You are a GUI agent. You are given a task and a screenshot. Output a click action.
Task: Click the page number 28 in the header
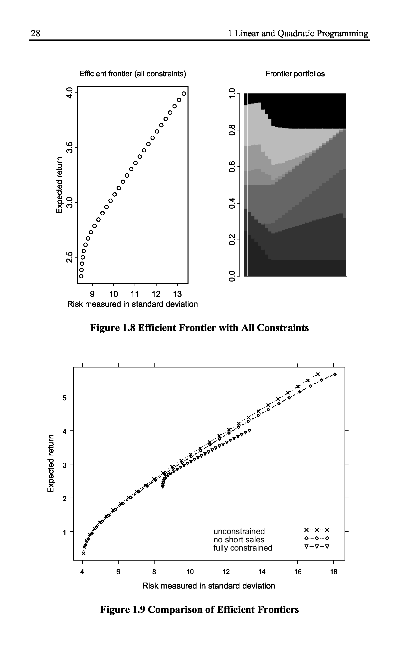click(x=35, y=33)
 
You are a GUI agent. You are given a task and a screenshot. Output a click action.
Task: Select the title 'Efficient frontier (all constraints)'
click(x=133, y=74)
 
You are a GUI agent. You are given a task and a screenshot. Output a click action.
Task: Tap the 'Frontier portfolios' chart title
click(x=295, y=74)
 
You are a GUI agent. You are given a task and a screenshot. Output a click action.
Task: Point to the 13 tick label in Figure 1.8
click(x=177, y=294)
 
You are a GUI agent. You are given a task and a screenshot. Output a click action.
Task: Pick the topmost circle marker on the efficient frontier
click(x=184, y=94)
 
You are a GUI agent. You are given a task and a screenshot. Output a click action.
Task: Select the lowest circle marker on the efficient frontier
click(x=81, y=276)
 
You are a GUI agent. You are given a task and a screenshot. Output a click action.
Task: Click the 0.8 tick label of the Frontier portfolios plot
click(x=232, y=130)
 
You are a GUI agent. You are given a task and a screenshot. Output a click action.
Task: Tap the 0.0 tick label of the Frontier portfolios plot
click(x=232, y=276)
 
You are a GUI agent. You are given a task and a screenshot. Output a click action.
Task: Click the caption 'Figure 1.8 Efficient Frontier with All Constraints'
click(x=199, y=328)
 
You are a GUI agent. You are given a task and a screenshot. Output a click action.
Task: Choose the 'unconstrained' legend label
click(x=239, y=531)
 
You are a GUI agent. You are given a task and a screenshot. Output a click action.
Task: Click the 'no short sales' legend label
click(x=239, y=539)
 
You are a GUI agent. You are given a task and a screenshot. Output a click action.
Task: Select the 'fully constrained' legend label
click(x=243, y=548)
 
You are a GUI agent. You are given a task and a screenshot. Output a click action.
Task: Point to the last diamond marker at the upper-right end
click(x=335, y=374)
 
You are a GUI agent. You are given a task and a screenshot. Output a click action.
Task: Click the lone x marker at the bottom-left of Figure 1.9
click(x=83, y=553)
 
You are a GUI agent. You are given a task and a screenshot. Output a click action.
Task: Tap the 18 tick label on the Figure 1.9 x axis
click(x=333, y=572)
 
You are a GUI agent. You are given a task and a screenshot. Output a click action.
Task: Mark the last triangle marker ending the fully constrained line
click(x=249, y=430)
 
